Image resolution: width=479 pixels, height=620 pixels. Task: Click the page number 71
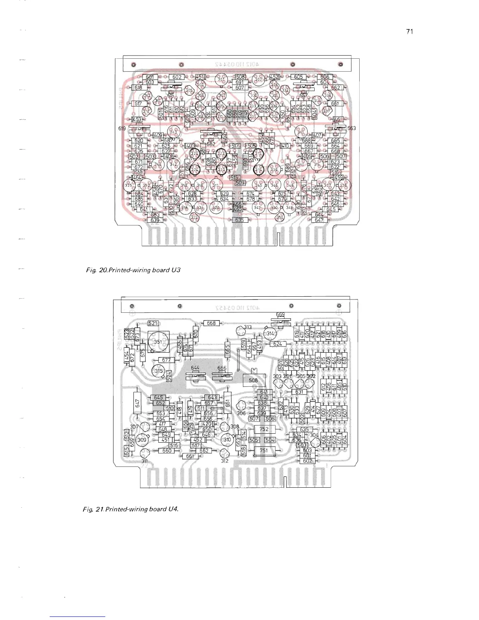(x=410, y=32)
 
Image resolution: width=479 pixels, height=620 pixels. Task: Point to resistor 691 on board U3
(x=239, y=82)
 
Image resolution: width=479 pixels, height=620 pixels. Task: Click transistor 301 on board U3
(x=221, y=80)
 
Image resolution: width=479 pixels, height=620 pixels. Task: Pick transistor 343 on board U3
(x=173, y=132)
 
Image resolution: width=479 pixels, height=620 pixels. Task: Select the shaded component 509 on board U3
(x=240, y=183)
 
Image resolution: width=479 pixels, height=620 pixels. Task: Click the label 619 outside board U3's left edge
(x=122, y=128)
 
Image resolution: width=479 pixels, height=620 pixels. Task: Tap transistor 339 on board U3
(x=274, y=169)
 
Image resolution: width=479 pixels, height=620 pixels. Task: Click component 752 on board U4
(x=264, y=429)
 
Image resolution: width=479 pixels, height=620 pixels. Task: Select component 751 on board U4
(x=264, y=451)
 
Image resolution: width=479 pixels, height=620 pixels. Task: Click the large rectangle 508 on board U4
(x=254, y=380)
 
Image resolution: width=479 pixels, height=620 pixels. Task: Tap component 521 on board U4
(x=153, y=323)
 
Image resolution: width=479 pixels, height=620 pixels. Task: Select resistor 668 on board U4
(x=211, y=323)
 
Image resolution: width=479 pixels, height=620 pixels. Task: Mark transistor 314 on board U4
(x=270, y=334)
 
